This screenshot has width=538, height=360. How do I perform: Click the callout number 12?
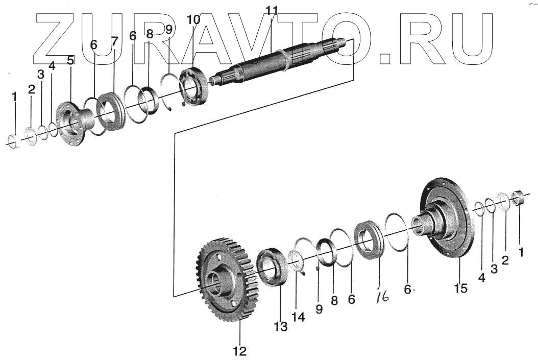pos(239,351)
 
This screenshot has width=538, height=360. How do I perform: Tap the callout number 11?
pos(272,10)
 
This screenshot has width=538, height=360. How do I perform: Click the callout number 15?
pos(460,288)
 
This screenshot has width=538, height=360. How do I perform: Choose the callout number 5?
pos(70,60)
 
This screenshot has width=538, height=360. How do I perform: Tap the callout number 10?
pos(193,20)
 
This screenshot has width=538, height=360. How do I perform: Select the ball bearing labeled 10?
pos(193,87)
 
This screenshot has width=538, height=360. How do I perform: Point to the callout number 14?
pos(298,317)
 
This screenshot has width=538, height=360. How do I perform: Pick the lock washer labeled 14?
pos(296,260)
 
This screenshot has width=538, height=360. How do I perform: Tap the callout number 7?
pos(114,41)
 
